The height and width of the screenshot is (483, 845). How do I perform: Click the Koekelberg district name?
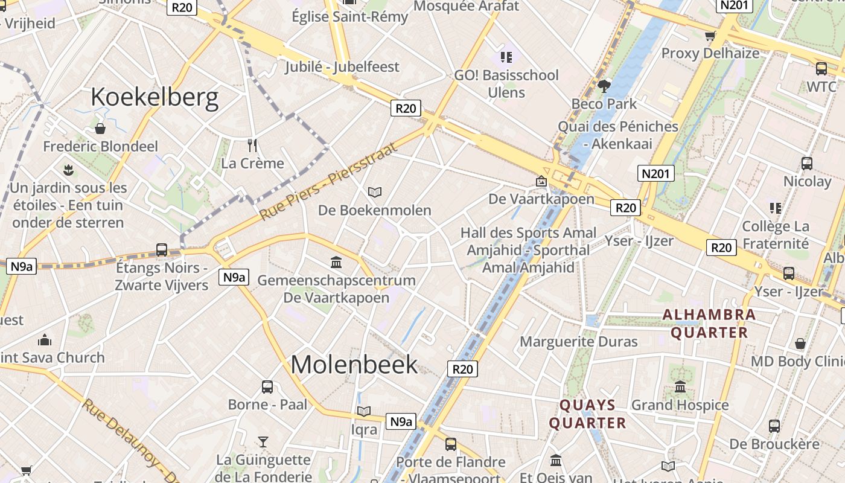155,97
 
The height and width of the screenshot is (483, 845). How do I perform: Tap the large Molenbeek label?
354,365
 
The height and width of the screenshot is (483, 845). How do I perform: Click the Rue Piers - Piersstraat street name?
329,181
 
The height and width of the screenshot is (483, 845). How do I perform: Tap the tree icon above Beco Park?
604,86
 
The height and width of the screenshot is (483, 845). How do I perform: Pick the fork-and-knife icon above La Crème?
253,146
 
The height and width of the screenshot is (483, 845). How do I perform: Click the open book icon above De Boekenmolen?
375,192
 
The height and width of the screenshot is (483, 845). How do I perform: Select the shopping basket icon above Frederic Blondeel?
100,129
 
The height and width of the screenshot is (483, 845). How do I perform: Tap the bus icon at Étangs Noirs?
162,249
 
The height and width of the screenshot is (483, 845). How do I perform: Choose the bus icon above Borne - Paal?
267,387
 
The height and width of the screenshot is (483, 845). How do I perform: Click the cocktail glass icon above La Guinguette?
263,442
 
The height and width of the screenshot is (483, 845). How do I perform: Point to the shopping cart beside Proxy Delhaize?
710,36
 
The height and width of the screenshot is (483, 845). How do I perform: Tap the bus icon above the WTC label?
821,69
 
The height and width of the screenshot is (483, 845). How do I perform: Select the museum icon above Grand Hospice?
680,387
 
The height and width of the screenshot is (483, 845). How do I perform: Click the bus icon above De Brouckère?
774,426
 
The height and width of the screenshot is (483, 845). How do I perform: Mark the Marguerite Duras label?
578,342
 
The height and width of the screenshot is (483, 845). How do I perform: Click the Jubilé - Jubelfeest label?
342,66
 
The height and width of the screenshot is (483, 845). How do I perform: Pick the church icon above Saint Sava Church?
44,340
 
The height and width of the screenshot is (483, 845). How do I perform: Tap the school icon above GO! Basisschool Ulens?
506,57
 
